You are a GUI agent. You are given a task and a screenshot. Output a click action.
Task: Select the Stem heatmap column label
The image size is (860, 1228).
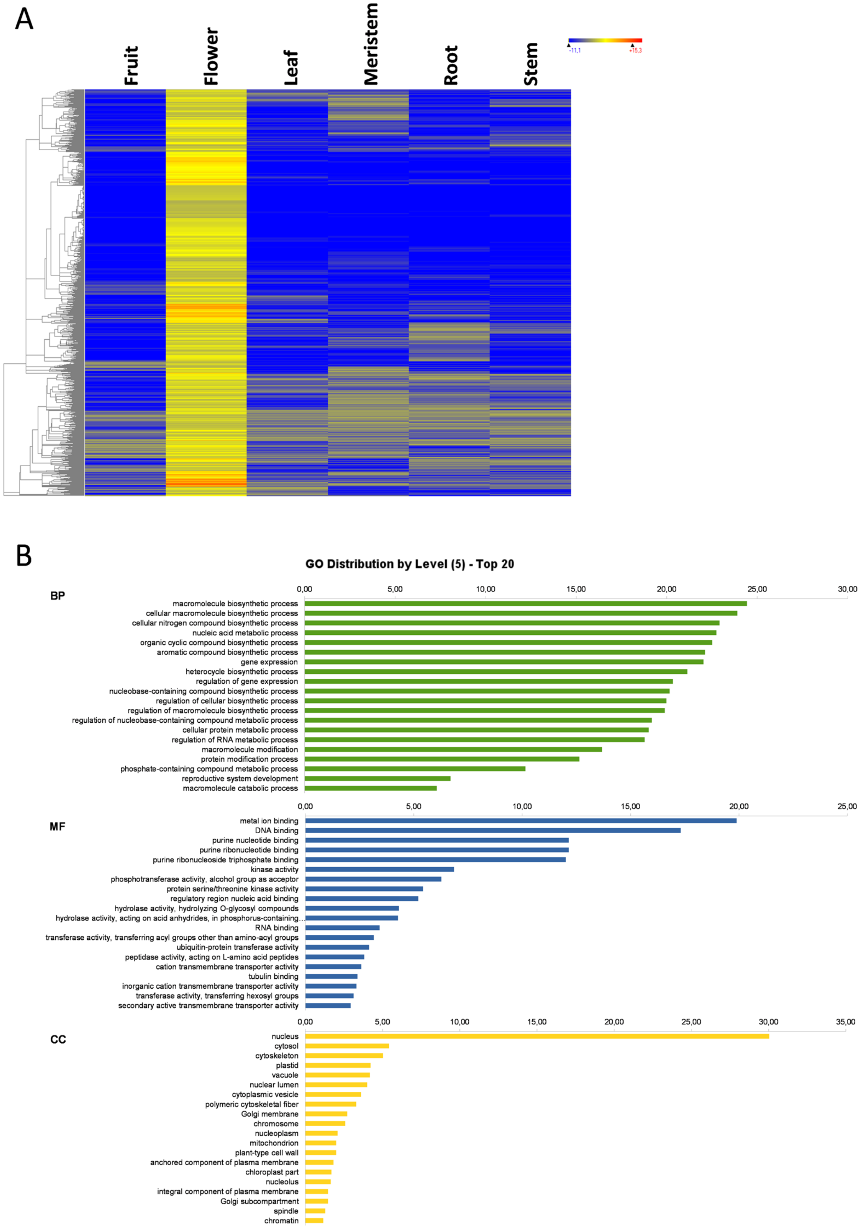click(x=531, y=64)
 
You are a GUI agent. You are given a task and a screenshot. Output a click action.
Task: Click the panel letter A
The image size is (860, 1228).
click(x=24, y=20)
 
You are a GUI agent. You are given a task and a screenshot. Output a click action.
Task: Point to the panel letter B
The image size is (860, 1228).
click(x=24, y=556)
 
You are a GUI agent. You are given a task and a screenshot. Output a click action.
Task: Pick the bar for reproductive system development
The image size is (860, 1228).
click(x=377, y=778)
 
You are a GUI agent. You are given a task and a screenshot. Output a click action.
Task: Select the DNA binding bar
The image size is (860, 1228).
click(x=492, y=830)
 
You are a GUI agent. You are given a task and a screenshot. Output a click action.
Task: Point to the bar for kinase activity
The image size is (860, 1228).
click(x=379, y=869)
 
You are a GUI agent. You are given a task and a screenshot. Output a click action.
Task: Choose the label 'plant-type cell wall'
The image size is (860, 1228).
click(x=267, y=1153)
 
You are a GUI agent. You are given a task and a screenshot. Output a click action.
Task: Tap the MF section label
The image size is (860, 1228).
click(x=57, y=826)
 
